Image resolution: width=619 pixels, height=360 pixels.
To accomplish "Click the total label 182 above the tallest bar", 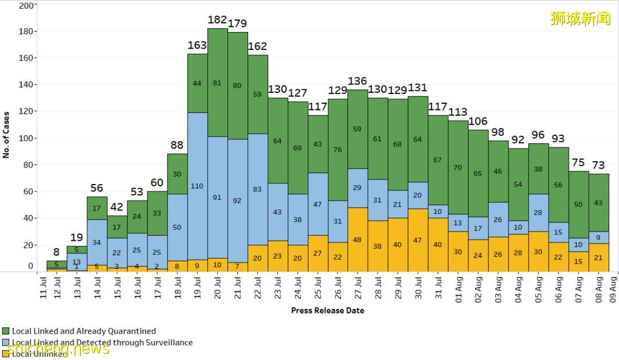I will pos(217,20).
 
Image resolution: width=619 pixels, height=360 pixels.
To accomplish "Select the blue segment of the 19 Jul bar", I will pos(197,186).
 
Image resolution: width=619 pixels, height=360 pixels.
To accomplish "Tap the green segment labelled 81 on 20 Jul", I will pos(217,83).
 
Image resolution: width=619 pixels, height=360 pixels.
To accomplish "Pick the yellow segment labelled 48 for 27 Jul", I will pos(358,240).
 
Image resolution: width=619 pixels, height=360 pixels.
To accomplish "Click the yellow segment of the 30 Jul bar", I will pos(418,240).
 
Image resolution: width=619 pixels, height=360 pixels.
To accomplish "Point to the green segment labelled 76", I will pos(338,150).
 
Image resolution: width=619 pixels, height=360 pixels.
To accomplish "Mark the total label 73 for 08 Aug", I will pos(598,166).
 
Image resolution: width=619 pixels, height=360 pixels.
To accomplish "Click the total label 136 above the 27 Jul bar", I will pos(358,81).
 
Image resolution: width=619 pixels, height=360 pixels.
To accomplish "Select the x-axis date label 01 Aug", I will pos(457,289).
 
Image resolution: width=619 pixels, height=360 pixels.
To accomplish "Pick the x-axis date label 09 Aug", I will pos(613,289).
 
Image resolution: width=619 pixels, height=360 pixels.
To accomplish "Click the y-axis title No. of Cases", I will pos(6,135).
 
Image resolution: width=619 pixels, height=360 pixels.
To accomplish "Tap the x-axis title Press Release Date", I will pos(327,311).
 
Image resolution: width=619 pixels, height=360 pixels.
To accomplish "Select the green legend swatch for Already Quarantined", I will pos(6,331).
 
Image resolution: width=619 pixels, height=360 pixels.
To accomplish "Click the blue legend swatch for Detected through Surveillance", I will pos(6,343).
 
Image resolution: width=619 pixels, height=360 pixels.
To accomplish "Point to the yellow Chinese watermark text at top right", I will pos(580,18).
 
